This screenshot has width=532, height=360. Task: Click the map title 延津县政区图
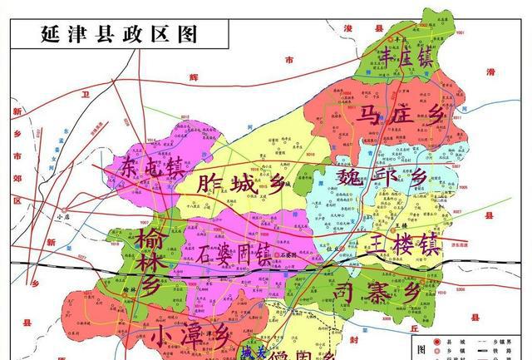click(118, 33)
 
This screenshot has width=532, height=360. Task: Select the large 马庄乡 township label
click(406, 116)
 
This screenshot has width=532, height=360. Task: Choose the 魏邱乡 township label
click(381, 177)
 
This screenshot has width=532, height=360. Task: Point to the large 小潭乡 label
click(190, 336)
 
